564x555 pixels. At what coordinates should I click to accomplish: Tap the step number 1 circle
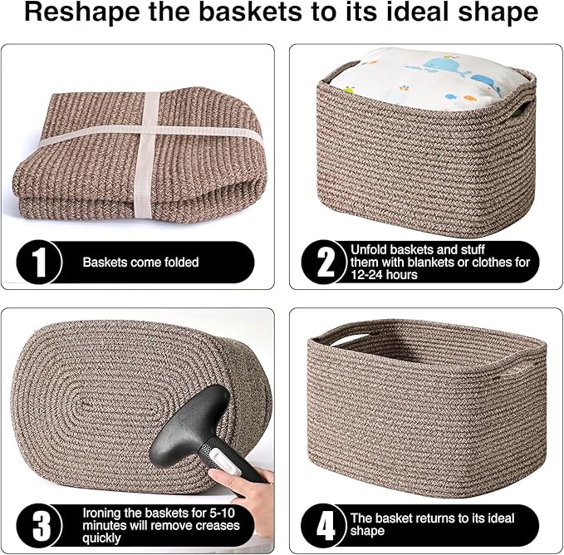[x=38, y=262]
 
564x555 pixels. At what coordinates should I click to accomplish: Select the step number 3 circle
[x=38, y=525]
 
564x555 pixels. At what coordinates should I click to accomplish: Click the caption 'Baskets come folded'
[x=140, y=262]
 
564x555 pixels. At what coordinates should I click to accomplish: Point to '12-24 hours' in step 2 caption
[x=384, y=275]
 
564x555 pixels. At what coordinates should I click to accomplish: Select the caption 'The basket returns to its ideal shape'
[x=432, y=524]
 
